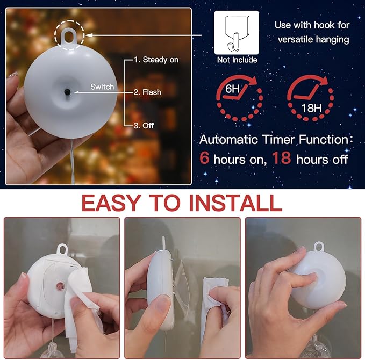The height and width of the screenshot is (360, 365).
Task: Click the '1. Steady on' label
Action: coord(156,60)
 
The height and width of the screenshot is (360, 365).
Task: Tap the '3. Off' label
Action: coord(144,125)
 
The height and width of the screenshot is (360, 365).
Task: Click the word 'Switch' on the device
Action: coord(102,87)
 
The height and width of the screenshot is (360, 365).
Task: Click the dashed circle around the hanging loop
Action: coord(69,33)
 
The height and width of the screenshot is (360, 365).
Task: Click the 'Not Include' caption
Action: coord(237,60)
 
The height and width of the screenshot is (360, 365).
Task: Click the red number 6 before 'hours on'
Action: coord(205,159)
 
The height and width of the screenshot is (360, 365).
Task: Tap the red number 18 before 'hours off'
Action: coord(281,159)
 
